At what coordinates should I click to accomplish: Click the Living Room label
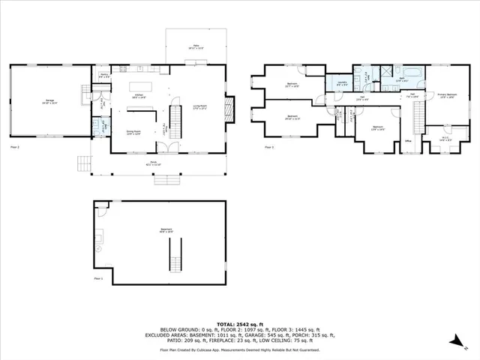200,106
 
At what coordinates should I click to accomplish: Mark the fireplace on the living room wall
232,109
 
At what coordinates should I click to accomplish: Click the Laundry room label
340,84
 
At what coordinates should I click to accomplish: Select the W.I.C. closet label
445,138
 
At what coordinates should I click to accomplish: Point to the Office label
409,140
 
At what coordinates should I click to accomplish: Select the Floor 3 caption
269,147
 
